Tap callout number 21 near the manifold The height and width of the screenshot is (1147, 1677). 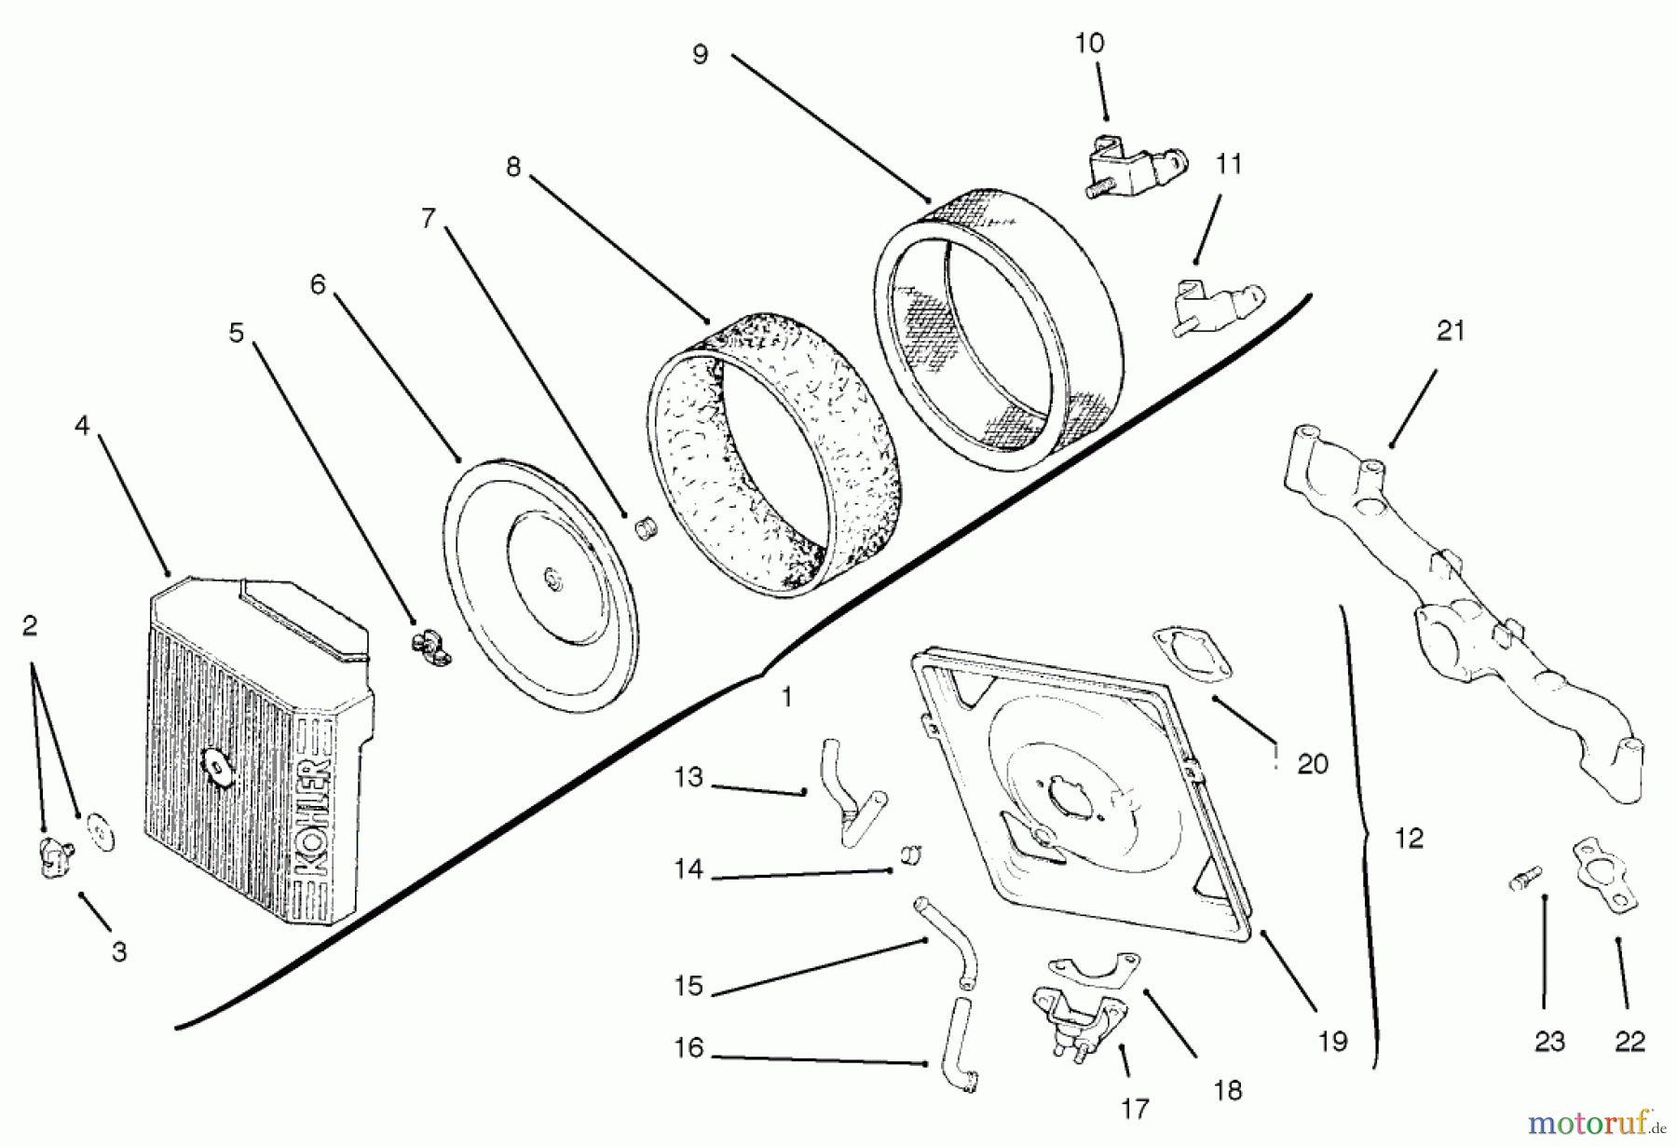click(1451, 331)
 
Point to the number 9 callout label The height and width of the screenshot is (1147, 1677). click(700, 54)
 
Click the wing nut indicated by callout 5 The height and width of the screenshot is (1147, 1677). click(430, 648)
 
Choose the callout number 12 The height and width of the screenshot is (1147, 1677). click(1409, 839)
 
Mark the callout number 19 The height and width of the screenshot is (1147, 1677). click(1332, 1041)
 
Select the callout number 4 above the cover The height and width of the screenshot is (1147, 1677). click(82, 426)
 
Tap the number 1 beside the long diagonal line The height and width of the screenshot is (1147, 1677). click(786, 697)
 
